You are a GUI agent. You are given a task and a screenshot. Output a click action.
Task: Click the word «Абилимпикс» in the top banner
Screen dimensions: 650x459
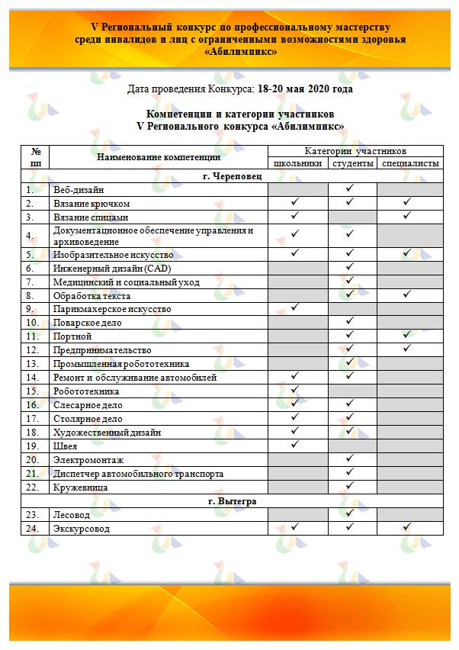pos(240,52)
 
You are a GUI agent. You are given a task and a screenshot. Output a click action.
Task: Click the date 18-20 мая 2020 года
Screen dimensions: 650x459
pos(305,89)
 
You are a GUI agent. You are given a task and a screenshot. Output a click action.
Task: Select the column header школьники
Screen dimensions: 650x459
pos(298,164)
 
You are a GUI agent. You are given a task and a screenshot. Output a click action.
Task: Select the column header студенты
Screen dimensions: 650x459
pos(353,164)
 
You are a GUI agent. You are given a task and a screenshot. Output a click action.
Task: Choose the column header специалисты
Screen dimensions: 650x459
pos(410,164)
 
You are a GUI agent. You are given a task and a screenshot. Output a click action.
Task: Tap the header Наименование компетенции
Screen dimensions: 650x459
pos(159,157)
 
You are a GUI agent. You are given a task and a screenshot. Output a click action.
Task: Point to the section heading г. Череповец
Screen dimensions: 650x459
pos(230,176)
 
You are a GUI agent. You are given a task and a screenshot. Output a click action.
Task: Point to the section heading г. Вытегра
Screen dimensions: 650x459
pos(230,502)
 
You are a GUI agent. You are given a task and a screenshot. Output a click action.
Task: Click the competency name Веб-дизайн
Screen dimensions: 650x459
pos(79,190)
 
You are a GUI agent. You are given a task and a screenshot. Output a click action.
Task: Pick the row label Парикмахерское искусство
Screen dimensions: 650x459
pos(111,310)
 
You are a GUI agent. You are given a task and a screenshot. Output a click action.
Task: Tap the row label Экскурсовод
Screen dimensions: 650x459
pos(82,529)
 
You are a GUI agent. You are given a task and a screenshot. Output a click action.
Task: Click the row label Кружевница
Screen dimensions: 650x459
pos(79,487)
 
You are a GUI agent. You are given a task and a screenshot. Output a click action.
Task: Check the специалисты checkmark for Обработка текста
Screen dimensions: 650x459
pos(407,295)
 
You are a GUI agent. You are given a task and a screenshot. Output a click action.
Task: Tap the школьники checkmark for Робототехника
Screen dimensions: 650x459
pos(294,391)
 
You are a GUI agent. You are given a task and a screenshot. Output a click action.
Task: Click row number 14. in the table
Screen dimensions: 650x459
pos(32,378)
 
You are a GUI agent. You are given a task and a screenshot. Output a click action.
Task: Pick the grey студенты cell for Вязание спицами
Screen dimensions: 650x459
pos(353,217)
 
